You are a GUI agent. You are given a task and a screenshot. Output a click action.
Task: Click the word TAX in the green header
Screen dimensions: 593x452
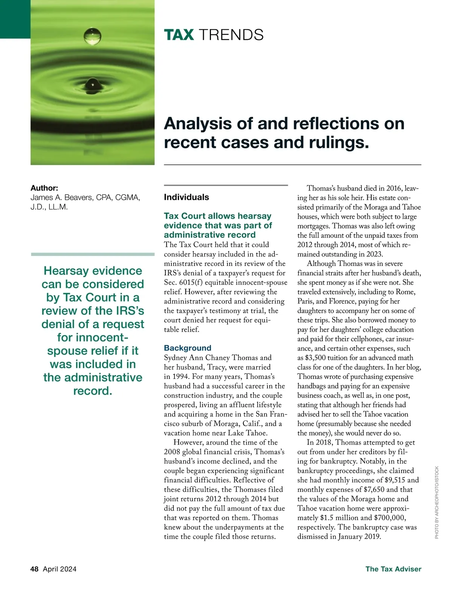[179, 35]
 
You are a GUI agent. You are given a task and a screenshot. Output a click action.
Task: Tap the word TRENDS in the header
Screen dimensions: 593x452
[231, 35]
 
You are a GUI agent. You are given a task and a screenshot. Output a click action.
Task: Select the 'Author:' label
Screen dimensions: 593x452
[44, 188]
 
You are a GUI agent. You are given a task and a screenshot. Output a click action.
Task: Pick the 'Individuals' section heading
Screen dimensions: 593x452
[186, 197]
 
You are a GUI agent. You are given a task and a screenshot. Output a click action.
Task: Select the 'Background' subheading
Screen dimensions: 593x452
[188, 348]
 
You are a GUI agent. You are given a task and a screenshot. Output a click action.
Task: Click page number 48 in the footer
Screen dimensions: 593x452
[34, 569]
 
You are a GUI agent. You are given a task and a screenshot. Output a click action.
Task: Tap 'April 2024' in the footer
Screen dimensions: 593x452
[60, 569]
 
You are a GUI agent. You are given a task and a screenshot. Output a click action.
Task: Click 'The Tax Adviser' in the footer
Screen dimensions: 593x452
[393, 569]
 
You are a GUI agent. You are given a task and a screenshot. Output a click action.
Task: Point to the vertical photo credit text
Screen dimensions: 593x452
[437, 502]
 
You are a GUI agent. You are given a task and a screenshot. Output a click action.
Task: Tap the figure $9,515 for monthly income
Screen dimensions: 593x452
[395, 480]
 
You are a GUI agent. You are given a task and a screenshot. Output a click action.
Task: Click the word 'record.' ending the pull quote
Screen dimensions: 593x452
[93, 391]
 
